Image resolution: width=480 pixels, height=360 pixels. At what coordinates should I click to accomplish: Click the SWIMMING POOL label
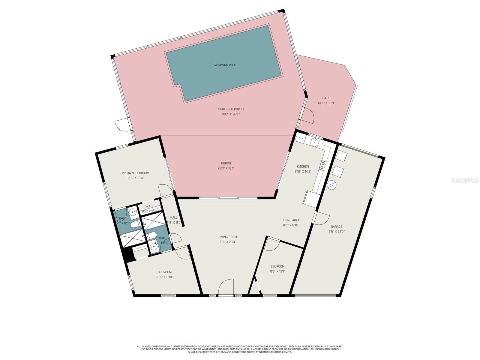coord(224,65)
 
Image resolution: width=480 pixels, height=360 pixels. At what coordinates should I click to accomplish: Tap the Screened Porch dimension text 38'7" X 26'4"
coord(231,114)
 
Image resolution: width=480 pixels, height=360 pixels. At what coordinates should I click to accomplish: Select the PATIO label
coord(326,98)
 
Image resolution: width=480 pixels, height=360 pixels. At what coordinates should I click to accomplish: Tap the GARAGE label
coord(336,227)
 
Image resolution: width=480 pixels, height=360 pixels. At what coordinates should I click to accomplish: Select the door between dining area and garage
coord(322,218)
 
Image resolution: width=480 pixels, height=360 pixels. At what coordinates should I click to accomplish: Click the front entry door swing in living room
coord(226,287)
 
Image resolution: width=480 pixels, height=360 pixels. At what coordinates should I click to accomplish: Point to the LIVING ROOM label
coord(228,237)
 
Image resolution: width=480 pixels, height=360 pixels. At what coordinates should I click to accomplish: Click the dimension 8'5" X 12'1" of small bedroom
coord(277,271)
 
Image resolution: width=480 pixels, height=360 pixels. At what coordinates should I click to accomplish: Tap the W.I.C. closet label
coord(149,206)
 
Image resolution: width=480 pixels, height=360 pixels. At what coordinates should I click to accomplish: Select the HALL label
coord(174,217)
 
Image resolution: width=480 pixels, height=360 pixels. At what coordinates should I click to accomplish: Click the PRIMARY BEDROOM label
coord(135,173)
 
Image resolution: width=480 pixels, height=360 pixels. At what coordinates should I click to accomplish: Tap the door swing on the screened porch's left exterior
coord(122,125)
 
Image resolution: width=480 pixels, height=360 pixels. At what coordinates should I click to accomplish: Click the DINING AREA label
coord(290,220)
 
